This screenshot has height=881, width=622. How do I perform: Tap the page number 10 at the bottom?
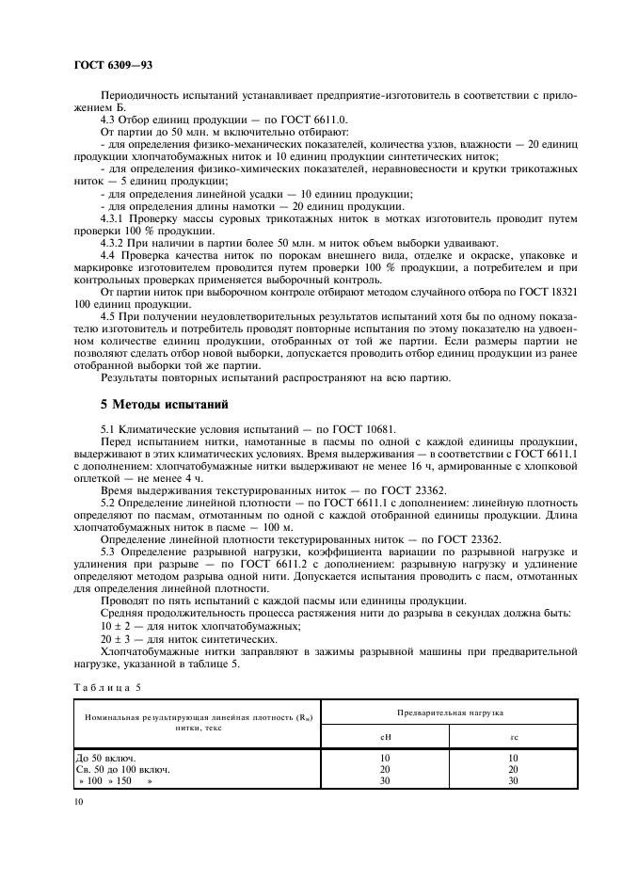79,801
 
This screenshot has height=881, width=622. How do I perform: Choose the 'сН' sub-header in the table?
384,737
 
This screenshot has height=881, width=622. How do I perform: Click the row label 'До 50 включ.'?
104,757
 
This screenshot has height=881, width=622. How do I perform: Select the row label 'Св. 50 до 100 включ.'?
121,769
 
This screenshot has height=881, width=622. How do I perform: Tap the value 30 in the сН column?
384,780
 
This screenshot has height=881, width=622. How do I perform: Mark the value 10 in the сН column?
384,757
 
